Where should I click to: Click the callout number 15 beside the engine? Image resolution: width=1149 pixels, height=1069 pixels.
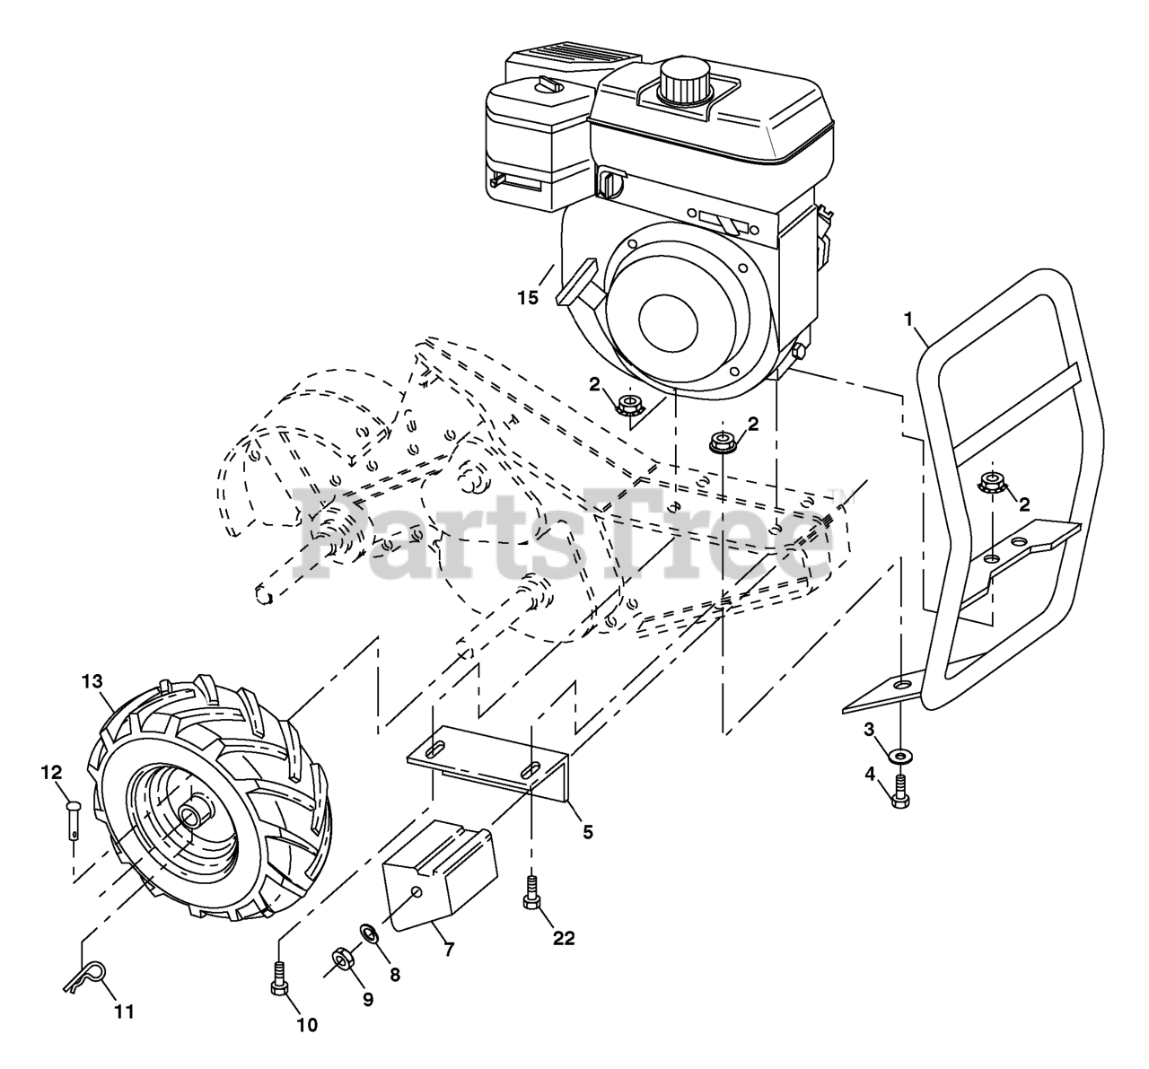528,297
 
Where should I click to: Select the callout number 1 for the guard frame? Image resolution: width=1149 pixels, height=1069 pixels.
908,318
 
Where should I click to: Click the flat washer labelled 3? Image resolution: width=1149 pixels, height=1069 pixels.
899,756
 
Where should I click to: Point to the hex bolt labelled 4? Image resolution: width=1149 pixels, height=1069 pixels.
900,793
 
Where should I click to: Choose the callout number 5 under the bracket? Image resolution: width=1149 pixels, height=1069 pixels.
588,832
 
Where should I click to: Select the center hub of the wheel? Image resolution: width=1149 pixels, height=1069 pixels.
191,815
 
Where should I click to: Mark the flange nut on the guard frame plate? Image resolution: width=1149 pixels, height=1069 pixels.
992,482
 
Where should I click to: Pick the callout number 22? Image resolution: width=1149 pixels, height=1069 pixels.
563,938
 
